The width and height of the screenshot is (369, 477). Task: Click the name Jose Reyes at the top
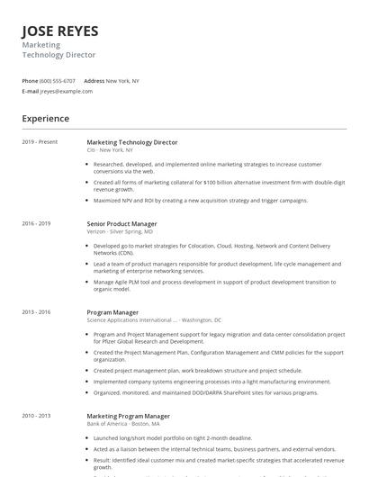(x=60, y=31)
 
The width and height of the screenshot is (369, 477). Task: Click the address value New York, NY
(x=122, y=81)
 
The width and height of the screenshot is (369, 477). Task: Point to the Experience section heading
(x=46, y=118)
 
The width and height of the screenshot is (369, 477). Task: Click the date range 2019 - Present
(x=40, y=142)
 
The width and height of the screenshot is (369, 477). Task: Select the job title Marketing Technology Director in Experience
(x=132, y=142)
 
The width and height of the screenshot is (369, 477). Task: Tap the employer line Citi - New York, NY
(x=111, y=150)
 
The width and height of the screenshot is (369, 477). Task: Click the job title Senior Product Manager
(x=121, y=223)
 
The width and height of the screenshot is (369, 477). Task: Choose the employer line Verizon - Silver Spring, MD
(x=120, y=231)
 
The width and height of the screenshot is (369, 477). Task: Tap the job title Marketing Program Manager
(x=128, y=417)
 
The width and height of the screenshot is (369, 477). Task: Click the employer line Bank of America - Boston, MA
(x=123, y=425)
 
